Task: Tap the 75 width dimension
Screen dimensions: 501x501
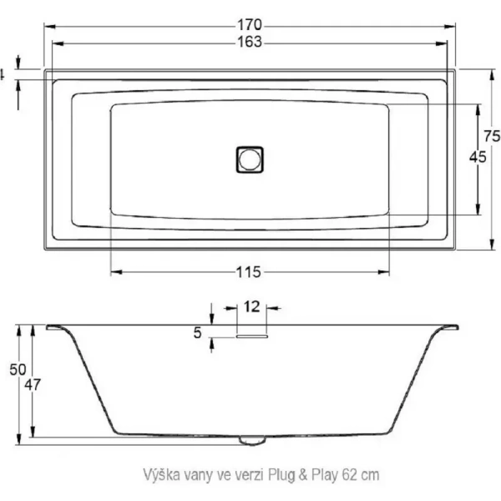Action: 492,137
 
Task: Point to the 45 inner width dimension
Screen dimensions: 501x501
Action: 478,159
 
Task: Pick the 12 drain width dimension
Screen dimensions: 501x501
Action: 250,306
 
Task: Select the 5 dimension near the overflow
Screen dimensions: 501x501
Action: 198,333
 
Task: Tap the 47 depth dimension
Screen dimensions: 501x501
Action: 34,385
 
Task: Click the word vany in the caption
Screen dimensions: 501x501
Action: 196,473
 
